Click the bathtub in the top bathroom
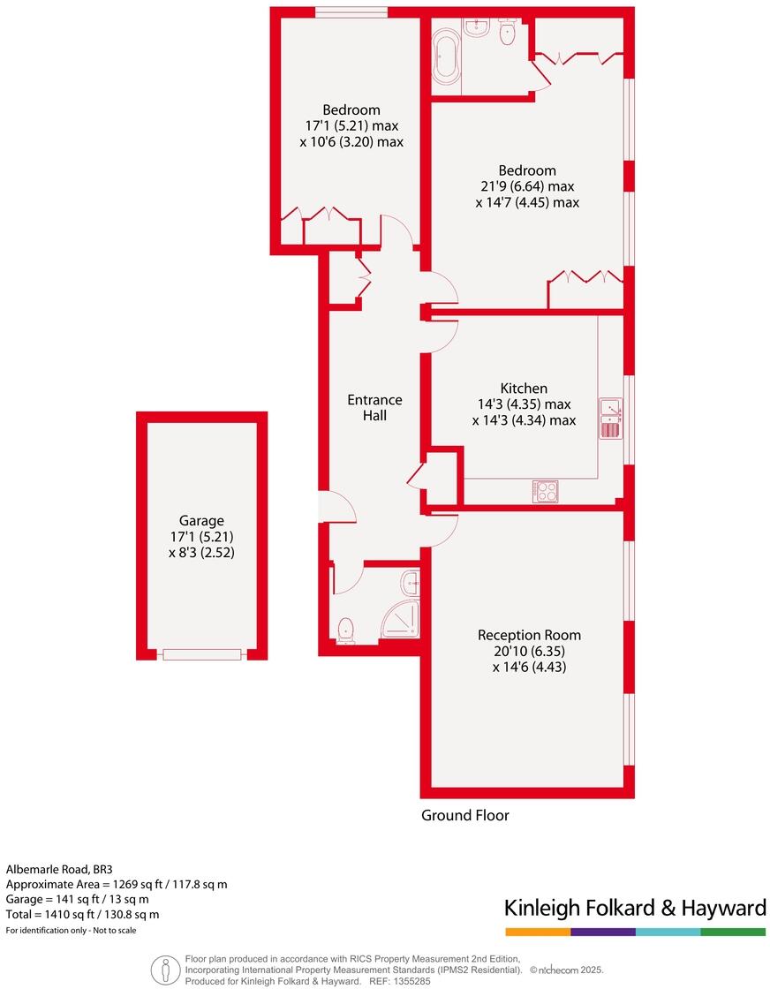tap(445, 58)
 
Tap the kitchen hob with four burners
tap(545, 491)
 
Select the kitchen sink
tap(611, 419)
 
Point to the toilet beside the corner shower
tap(345, 629)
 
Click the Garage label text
tap(200, 521)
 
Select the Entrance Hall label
tap(374, 407)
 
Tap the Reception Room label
tap(529, 635)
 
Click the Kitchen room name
tap(524, 389)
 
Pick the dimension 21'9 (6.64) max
tap(526, 186)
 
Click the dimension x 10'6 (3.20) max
tap(351, 141)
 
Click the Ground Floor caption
tap(464, 815)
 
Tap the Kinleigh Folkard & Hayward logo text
tap(634, 908)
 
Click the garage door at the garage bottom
tap(201, 654)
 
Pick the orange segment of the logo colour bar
tap(537, 932)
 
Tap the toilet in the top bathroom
tap(507, 34)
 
